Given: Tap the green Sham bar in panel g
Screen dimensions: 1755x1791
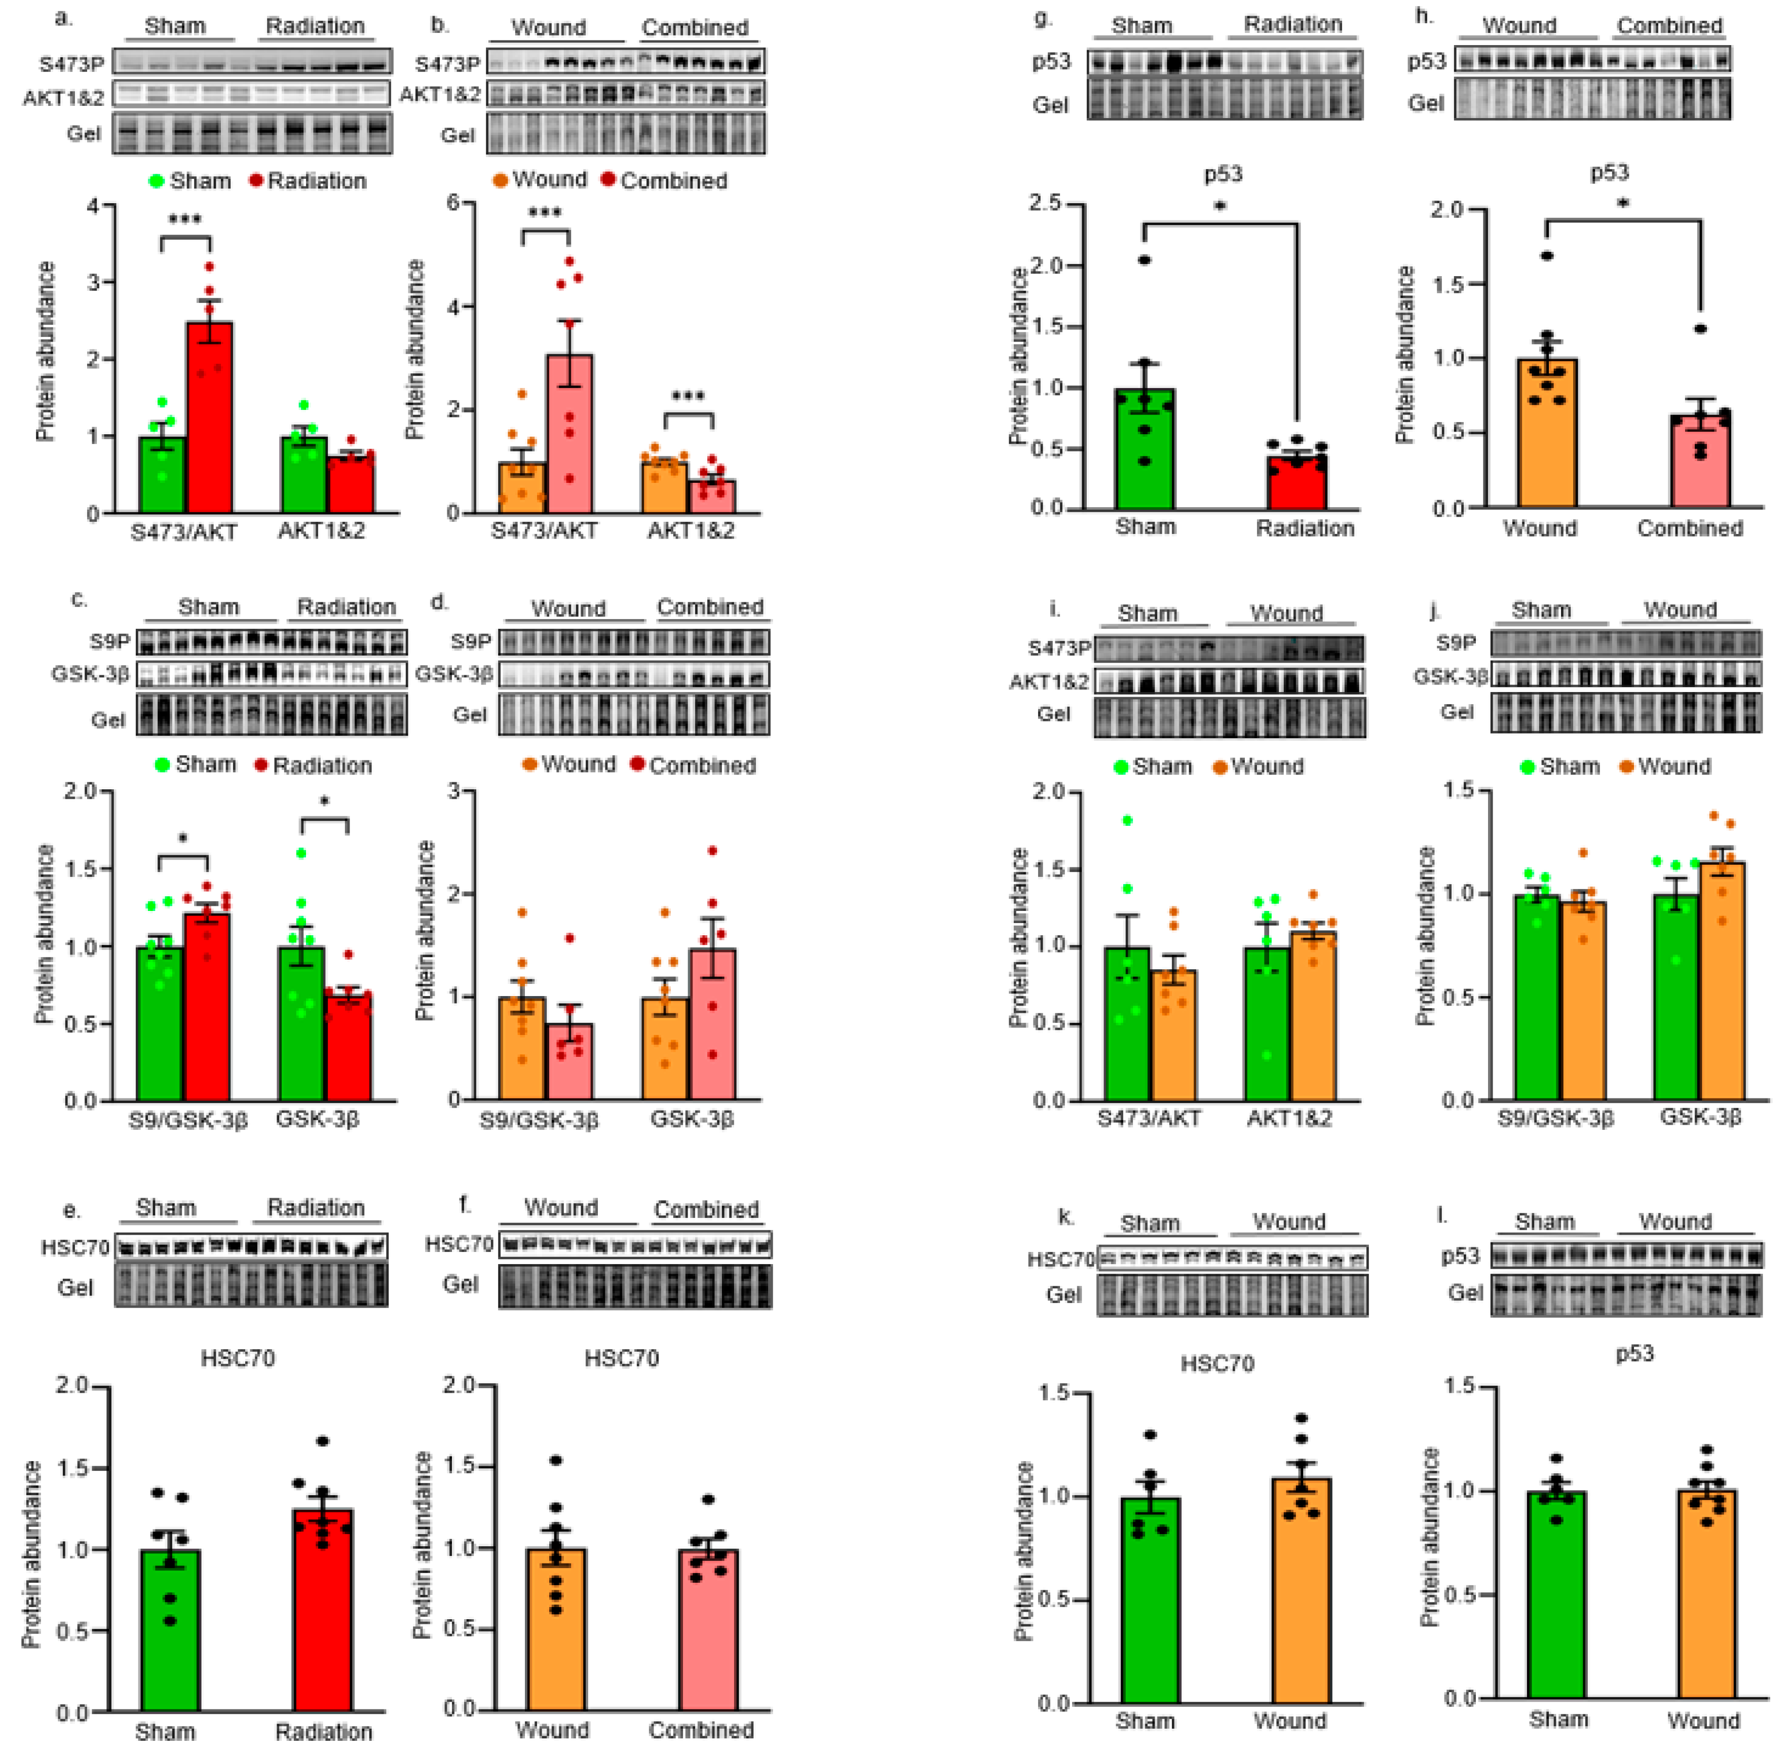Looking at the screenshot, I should [1145, 451].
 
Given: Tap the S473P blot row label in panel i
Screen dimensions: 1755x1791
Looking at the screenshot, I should [1059, 648].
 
